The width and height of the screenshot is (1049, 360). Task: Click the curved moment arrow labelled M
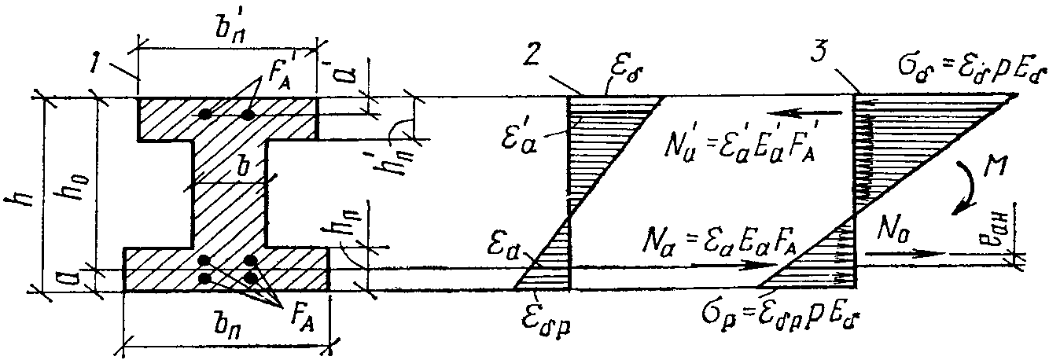966,189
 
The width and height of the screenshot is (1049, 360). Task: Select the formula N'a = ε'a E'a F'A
742,144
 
